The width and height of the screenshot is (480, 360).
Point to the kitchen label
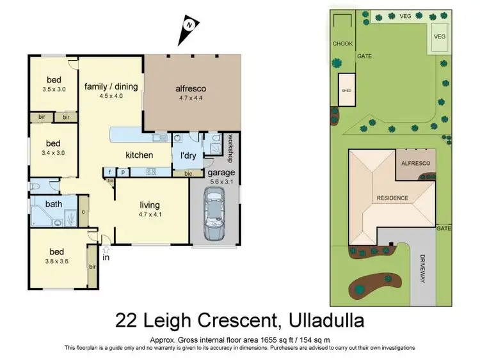139,155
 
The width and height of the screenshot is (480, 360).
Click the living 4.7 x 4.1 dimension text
149,215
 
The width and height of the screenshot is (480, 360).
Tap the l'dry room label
187,155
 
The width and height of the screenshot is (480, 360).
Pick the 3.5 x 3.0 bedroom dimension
52,90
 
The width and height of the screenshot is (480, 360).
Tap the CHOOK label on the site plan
342,43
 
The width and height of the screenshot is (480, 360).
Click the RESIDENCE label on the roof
392,198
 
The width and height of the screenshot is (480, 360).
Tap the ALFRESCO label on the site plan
415,164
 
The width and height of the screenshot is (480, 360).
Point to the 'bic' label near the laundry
188,173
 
